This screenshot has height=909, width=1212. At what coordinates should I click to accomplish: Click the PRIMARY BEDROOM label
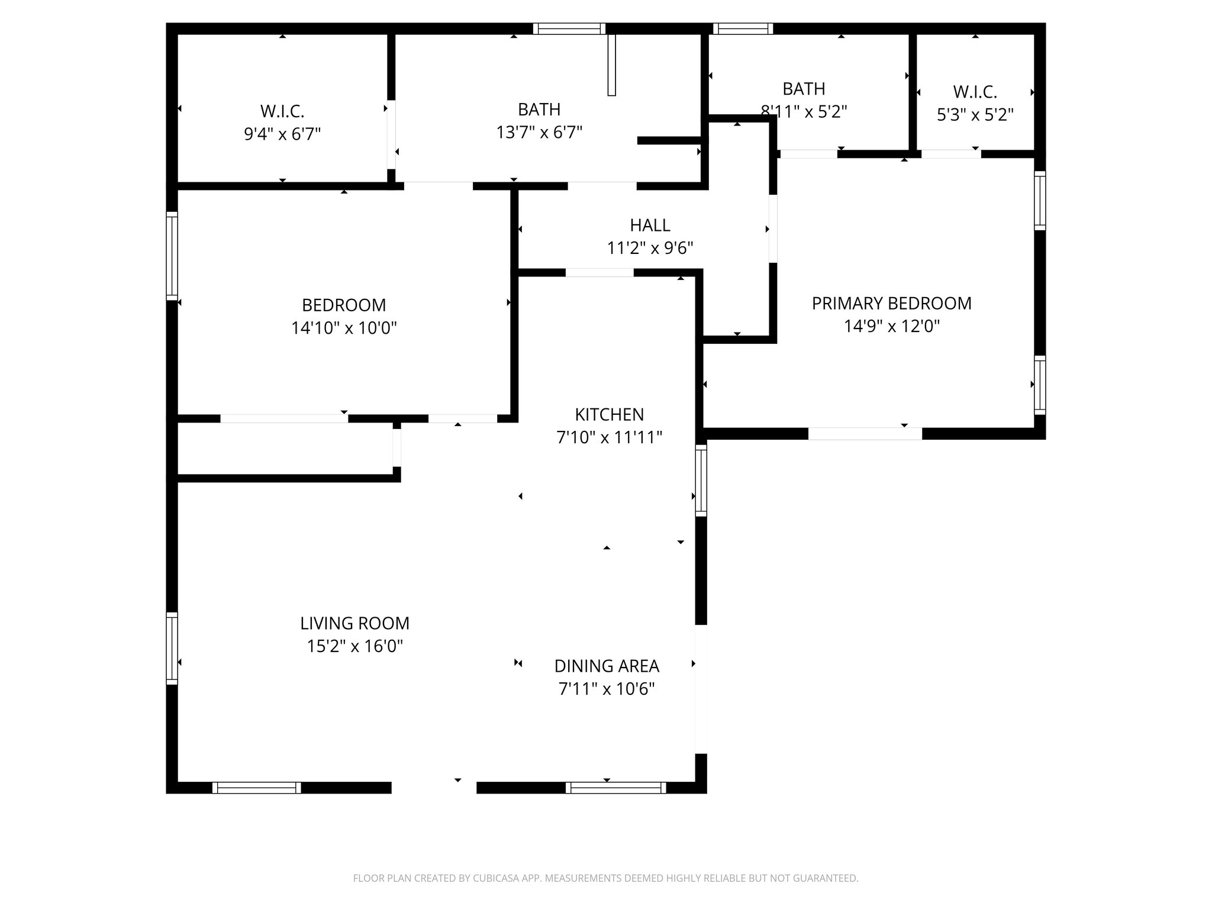point(891,304)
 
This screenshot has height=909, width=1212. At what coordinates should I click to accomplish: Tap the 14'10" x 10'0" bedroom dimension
point(344,328)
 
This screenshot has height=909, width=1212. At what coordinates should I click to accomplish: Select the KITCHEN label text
point(609,414)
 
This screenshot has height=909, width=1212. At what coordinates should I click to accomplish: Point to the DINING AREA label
point(607,666)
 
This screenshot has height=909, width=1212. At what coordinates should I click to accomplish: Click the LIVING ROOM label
point(354,624)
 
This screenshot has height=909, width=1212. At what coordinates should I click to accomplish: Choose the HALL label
point(650,225)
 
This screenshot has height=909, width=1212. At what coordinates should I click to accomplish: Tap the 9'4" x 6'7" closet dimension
point(282,134)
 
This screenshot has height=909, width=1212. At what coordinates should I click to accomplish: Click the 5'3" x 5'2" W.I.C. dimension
point(975,115)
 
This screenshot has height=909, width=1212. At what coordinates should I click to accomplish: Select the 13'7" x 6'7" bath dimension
point(539,132)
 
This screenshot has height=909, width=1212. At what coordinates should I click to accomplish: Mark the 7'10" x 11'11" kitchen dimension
point(609,437)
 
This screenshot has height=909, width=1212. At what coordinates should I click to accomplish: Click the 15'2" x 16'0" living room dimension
point(354,646)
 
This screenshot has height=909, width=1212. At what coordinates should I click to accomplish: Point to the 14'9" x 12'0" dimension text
point(891,326)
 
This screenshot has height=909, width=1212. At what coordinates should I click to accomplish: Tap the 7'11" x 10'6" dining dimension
point(607,689)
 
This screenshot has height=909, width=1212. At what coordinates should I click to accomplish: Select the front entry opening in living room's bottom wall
point(434,787)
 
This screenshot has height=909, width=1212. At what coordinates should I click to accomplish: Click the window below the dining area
point(615,787)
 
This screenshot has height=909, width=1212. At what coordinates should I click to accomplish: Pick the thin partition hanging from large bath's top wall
point(612,65)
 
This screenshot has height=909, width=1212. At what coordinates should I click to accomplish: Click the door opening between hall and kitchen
point(599,273)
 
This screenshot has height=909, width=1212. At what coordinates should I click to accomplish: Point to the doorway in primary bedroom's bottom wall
point(865,433)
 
